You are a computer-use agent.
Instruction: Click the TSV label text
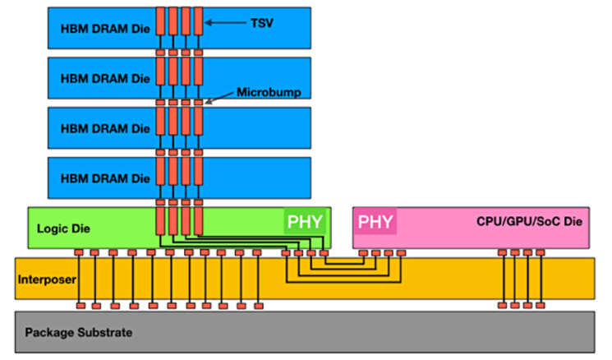pos(262,23)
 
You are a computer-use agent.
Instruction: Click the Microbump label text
pos(269,92)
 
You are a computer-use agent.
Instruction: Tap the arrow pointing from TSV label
pos(226,23)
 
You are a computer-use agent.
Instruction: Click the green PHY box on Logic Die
pos(305,221)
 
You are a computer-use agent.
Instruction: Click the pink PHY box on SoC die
pos(375,221)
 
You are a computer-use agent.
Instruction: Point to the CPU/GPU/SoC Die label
pos(529,221)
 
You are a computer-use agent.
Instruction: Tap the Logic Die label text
pos(63,228)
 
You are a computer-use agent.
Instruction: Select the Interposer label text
pos(47,279)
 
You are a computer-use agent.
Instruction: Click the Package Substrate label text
pos(79,332)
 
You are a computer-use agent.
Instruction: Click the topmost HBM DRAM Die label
pos(105,29)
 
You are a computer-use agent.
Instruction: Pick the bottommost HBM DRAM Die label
pos(105,178)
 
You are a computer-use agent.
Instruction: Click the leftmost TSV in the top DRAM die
pos(160,21)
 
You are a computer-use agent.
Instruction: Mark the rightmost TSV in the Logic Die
pos(198,221)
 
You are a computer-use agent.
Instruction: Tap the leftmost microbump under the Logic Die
pos(79,252)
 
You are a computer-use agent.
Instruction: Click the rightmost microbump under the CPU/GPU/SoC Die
pos(541,252)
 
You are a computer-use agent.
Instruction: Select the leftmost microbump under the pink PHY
pos(363,253)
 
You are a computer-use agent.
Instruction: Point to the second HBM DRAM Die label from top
pos(105,78)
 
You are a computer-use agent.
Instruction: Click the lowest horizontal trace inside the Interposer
pos(343,282)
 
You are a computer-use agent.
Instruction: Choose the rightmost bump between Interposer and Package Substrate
pos(541,305)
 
